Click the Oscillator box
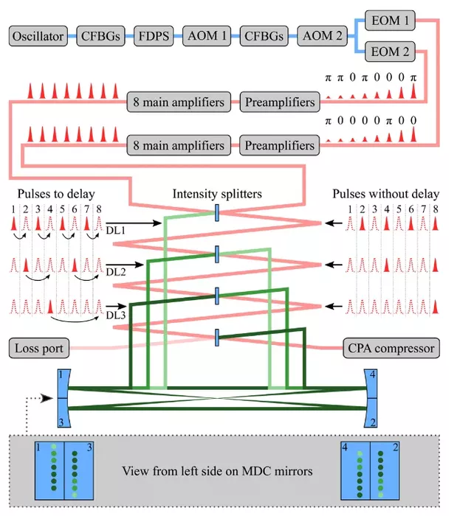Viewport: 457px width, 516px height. click(x=38, y=36)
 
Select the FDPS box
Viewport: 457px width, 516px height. click(x=154, y=36)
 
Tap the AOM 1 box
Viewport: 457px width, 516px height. click(x=207, y=36)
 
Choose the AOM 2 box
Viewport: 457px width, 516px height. click(x=322, y=36)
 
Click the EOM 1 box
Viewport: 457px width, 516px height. click(x=390, y=21)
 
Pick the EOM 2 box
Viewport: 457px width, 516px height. click(x=390, y=52)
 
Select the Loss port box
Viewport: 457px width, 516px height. click(x=39, y=348)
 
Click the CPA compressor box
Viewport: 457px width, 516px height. click(x=391, y=348)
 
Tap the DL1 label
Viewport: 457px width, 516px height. click(x=116, y=230)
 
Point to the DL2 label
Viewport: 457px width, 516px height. click(x=116, y=272)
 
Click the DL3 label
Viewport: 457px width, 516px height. click(x=116, y=315)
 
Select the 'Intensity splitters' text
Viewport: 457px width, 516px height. click(x=217, y=194)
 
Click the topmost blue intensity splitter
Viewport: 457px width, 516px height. click(x=217, y=212)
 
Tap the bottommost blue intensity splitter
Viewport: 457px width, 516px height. click(x=217, y=338)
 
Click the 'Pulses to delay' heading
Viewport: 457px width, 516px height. click(x=56, y=194)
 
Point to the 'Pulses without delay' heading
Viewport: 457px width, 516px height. click(x=385, y=194)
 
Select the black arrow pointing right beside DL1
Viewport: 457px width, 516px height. click(x=134, y=223)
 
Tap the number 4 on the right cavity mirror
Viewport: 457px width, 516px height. click(x=373, y=374)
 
